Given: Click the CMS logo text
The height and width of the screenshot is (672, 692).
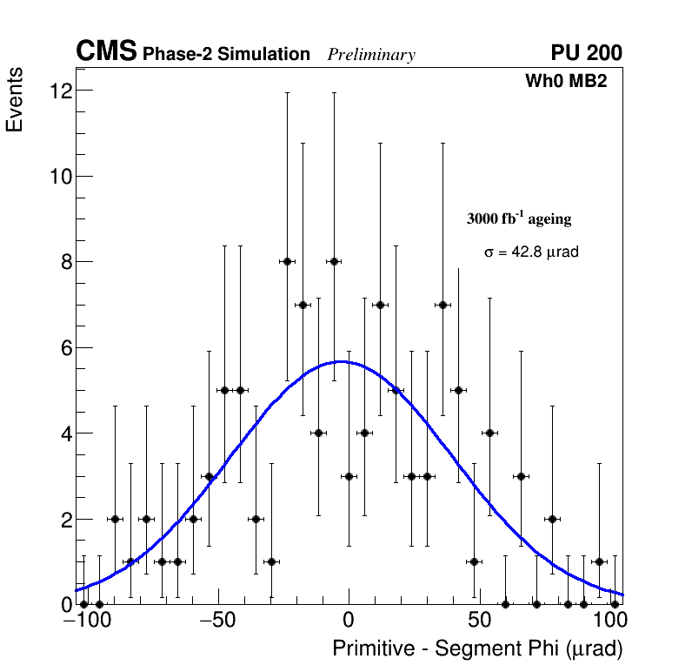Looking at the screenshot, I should (106, 52).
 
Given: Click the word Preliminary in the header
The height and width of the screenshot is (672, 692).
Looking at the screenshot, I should (371, 55).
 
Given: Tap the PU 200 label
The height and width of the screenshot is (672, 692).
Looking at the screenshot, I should (586, 53).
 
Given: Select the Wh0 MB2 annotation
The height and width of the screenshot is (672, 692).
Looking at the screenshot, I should (565, 81).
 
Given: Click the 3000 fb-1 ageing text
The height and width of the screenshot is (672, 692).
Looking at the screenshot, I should (519, 219).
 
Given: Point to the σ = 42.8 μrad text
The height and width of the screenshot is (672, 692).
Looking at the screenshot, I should (531, 252).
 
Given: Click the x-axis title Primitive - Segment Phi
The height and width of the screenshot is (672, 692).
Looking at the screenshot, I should (477, 649).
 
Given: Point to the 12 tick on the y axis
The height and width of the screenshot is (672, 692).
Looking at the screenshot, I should (60, 91).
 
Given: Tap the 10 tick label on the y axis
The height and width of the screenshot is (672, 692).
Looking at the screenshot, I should (60, 177).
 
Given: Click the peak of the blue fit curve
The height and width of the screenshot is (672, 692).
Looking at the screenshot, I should (342, 361).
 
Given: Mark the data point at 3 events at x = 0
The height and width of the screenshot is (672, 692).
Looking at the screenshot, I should (349, 476).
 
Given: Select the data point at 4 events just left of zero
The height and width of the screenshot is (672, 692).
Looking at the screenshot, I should (318, 433).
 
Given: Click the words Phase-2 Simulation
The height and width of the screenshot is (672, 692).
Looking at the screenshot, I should (226, 55).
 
